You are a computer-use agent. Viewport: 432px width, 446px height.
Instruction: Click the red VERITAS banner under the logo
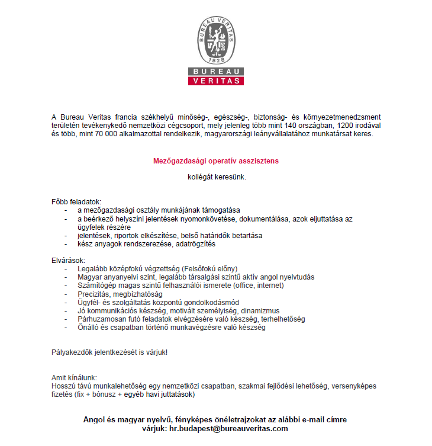(216, 80)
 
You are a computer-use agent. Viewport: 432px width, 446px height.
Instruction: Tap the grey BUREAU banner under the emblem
(216, 71)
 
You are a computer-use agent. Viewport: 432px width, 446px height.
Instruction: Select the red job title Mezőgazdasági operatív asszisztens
(215, 161)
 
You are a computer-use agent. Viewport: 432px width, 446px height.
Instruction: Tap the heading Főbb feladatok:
(77, 202)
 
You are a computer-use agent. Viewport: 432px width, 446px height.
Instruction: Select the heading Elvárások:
(69, 260)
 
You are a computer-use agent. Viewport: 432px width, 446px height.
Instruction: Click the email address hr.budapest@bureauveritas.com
(228, 428)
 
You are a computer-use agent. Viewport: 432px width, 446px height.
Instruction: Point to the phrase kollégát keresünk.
(215, 177)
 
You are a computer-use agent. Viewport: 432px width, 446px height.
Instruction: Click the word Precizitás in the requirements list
(95, 294)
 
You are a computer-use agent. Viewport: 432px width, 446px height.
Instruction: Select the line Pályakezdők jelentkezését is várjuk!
(109, 352)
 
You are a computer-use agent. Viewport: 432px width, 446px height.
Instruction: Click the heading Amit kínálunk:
(75, 377)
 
